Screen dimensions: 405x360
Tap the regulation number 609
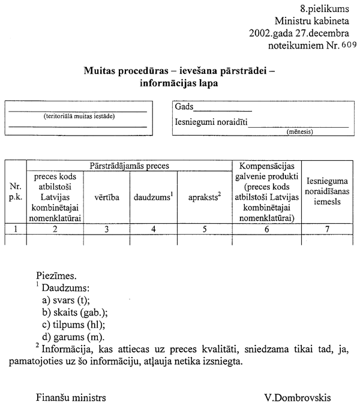click(348, 45)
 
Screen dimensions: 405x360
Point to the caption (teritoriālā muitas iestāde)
click(78, 116)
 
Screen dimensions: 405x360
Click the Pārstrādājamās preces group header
click(130, 164)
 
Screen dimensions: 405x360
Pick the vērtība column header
click(106, 196)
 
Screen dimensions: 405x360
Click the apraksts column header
click(205, 196)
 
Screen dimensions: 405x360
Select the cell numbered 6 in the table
click(266, 228)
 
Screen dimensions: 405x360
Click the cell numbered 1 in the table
click(16, 228)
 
